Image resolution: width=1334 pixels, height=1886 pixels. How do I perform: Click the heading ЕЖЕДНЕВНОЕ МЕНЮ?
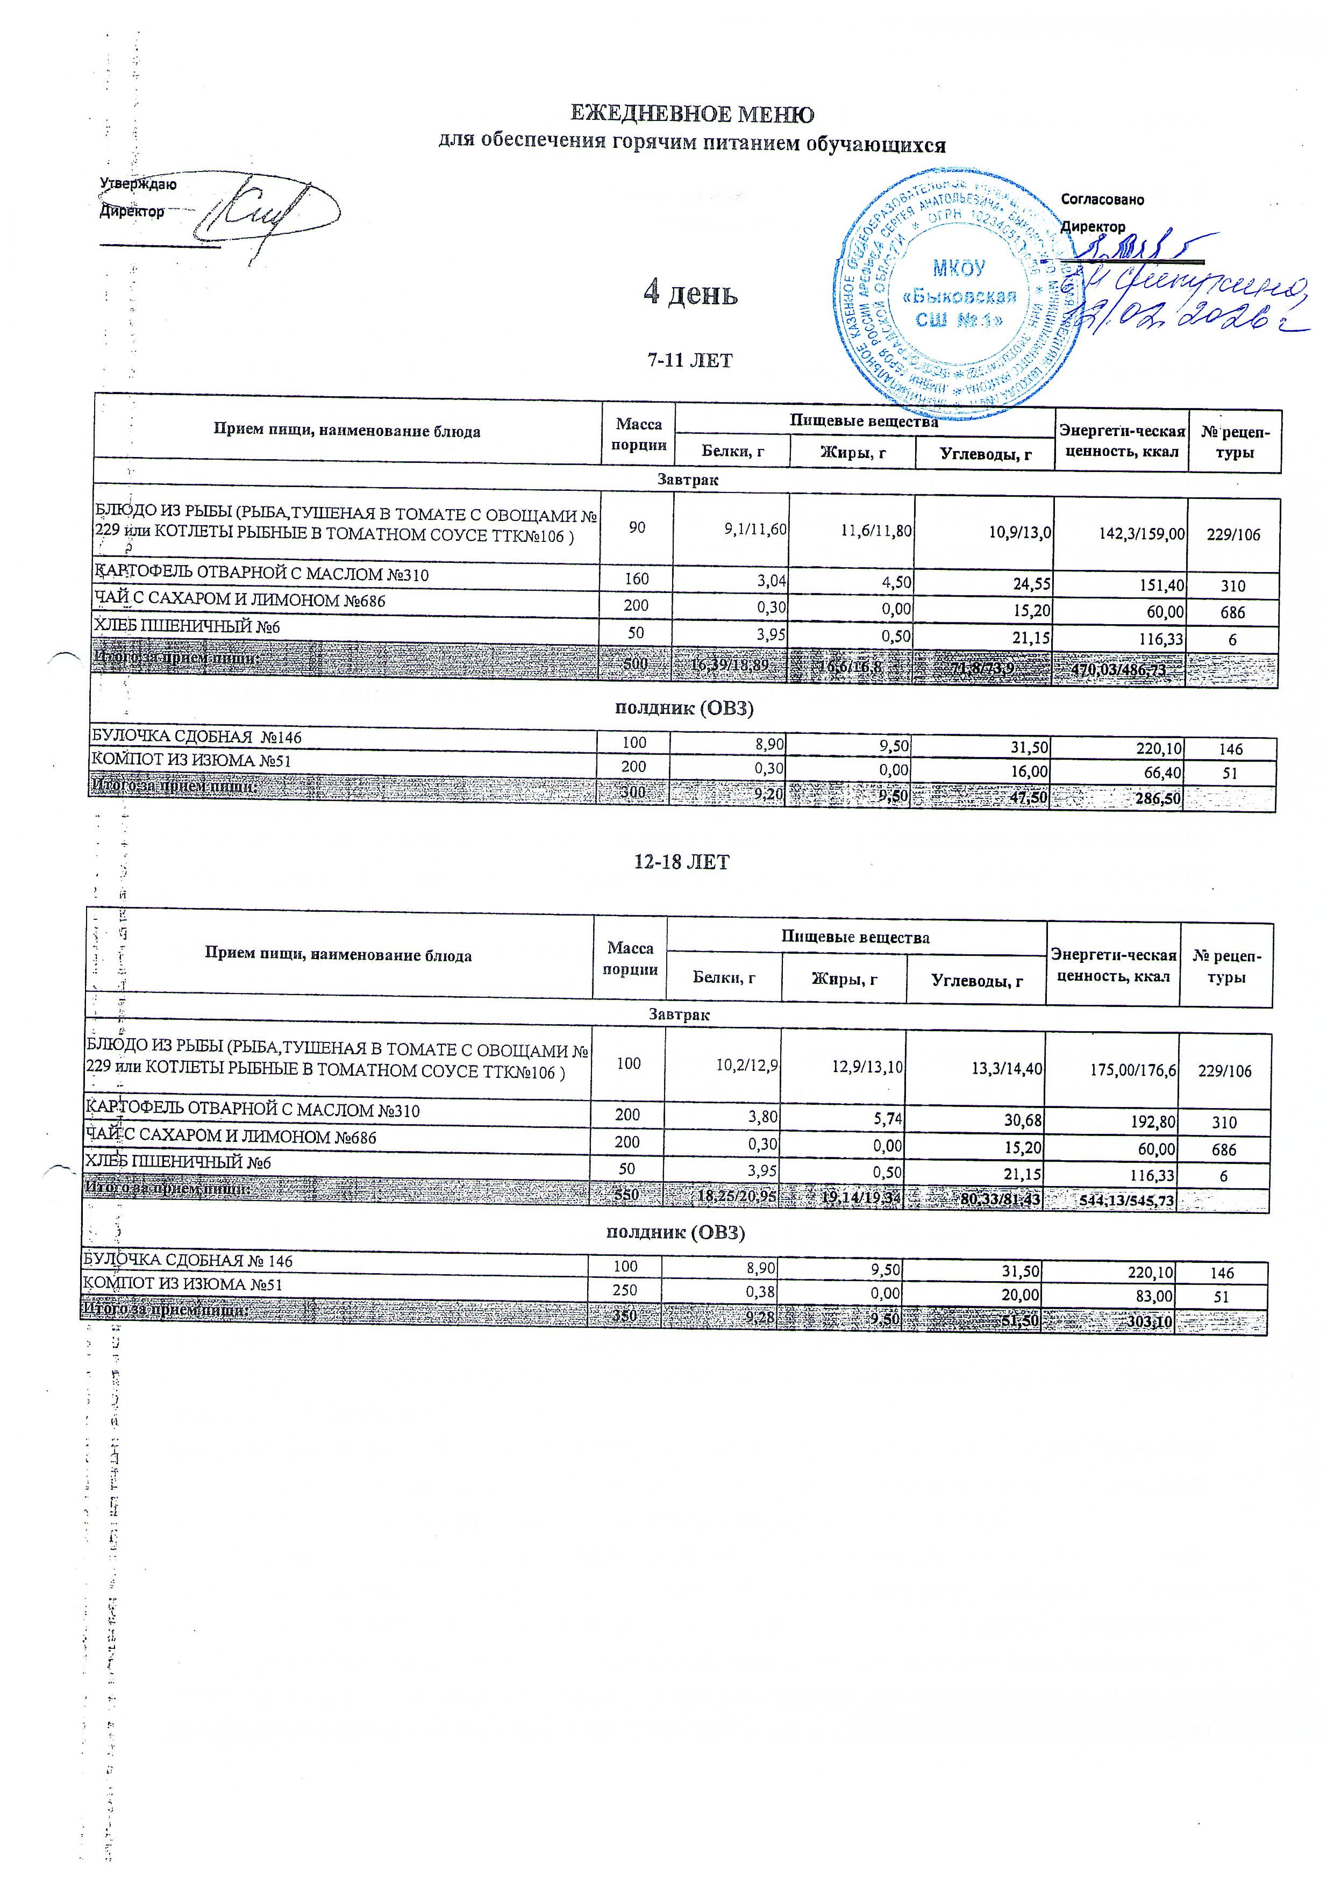pyautogui.click(x=691, y=113)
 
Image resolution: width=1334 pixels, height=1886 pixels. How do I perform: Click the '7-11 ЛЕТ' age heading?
pyautogui.click(x=690, y=360)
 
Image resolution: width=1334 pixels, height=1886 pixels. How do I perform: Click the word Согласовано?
pyautogui.click(x=1102, y=199)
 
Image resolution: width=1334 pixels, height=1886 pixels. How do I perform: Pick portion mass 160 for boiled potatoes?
pyautogui.click(x=637, y=579)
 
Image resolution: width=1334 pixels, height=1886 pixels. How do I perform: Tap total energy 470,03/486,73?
pyautogui.click(x=1119, y=670)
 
